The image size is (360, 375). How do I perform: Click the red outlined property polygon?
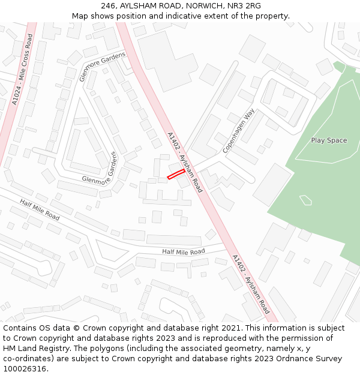176,174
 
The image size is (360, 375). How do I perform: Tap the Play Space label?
329,140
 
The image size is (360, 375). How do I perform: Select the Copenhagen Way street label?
239,131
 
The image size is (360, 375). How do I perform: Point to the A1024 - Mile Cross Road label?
22,70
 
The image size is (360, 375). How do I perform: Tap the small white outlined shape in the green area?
305,200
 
